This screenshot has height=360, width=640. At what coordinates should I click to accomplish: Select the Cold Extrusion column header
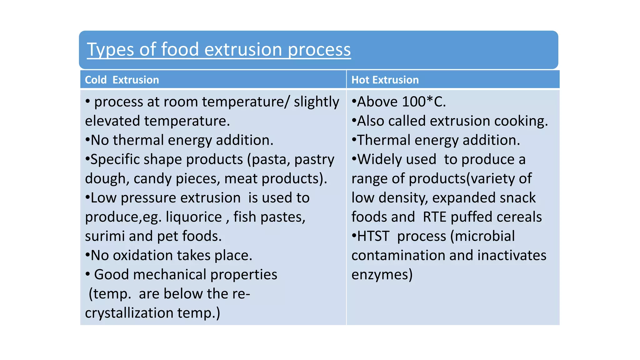point(122,80)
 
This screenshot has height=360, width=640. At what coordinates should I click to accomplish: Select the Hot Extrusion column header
point(385,80)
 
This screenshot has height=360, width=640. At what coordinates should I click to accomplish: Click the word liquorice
point(193,217)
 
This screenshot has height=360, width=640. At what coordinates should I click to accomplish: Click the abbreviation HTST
point(373,236)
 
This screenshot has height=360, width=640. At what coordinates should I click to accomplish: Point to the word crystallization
point(129,313)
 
